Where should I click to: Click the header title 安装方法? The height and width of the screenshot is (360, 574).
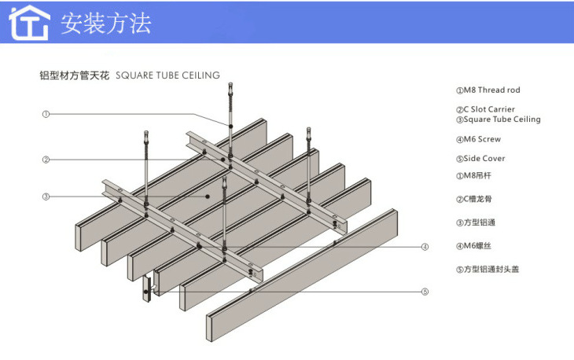(106, 23)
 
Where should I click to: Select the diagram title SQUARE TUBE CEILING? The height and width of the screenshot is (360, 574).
(167, 75)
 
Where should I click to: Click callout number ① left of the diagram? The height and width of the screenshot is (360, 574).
(46, 114)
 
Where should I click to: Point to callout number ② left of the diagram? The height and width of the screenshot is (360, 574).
(46, 160)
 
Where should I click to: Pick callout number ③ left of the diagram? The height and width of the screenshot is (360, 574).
(46, 197)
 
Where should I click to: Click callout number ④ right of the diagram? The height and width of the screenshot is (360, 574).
(425, 247)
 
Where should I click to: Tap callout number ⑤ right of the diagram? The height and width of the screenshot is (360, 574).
(425, 292)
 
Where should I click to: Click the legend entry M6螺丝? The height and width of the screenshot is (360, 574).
(476, 246)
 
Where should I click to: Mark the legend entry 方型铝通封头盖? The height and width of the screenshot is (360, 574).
(488, 269)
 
